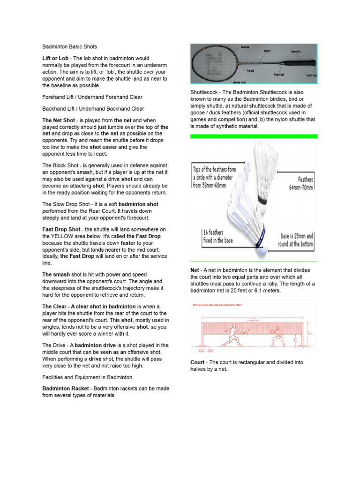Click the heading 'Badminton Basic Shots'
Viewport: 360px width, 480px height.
(70, 47)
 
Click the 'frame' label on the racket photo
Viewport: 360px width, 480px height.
(245, 47)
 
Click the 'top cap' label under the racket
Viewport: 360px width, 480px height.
(279, 74)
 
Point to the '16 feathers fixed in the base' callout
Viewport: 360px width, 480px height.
(213, 236)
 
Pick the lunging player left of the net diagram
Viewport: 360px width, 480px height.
(233, 336)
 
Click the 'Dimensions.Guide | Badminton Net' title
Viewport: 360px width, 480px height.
(218, 304)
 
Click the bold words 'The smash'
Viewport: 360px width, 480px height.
(56, 275)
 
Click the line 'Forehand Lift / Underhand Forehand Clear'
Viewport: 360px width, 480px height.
(92, 97)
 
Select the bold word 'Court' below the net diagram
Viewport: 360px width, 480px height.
(197, 362)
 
